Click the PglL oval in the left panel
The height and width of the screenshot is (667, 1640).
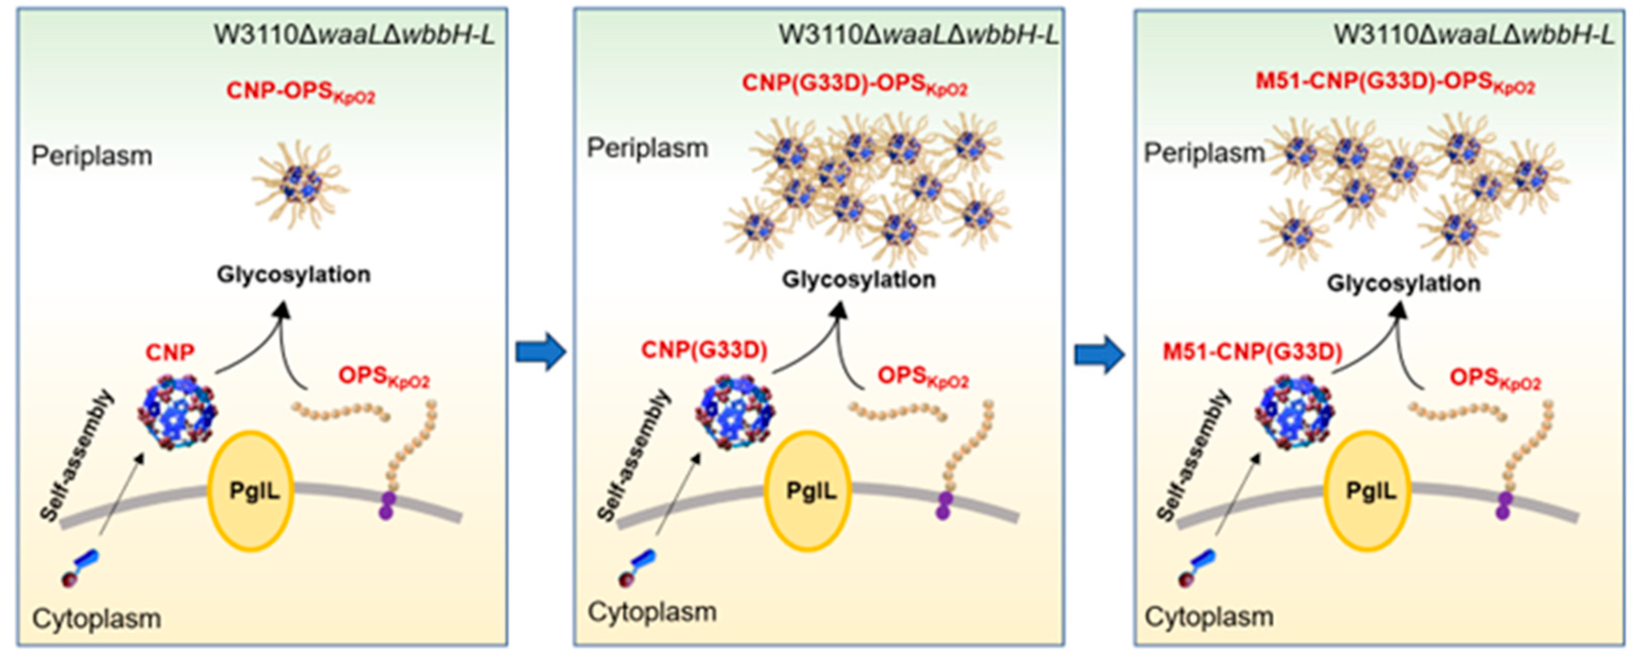click(x=250, y=491)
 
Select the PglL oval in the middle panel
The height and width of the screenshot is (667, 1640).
click(x=808, y=491)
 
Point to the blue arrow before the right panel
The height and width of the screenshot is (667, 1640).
click(x=1099, y=354)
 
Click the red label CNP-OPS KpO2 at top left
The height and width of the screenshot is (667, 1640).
click(x=300, y=92)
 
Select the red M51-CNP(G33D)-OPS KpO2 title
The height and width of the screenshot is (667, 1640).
click(x=1395, y=83)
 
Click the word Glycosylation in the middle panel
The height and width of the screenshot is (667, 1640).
click(x=858, y=279)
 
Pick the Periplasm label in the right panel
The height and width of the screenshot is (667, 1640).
click(x=1204, y=153)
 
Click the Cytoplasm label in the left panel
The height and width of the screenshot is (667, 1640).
click(x=96, y=618)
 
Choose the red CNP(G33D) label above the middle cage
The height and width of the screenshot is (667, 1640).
click(x=703, y=350)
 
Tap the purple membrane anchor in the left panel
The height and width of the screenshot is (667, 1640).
click(x=386, y=505)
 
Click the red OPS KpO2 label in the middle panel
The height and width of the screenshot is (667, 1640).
click(x=922, y=377)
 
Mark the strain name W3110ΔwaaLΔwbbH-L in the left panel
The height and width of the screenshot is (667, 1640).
click(x=354, y=35)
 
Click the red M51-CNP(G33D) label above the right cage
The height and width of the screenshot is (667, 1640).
click(x=1252, y=352)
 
